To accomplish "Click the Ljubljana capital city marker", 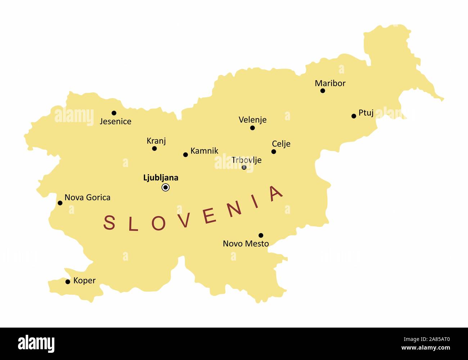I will [166, 187].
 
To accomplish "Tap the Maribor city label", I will [330, 83].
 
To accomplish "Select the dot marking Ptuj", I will [354, 116].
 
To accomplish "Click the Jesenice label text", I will [115, 122].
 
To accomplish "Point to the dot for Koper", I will [68, 282].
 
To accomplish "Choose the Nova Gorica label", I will [87, 197].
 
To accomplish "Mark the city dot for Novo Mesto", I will [261, 235].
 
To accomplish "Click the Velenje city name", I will [252, 120].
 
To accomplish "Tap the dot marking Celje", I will [274, 152].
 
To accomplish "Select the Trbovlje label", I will [246, 160].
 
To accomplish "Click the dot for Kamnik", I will [185, 155].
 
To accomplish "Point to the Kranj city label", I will [156, 141].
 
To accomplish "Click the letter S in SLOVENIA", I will [109, 222].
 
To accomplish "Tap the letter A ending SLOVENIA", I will [276, 194].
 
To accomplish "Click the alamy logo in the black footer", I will [36, 343].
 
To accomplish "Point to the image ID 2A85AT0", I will [432, 339].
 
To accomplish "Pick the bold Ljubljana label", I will [161, 177].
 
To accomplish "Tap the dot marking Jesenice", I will [114, 113].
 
